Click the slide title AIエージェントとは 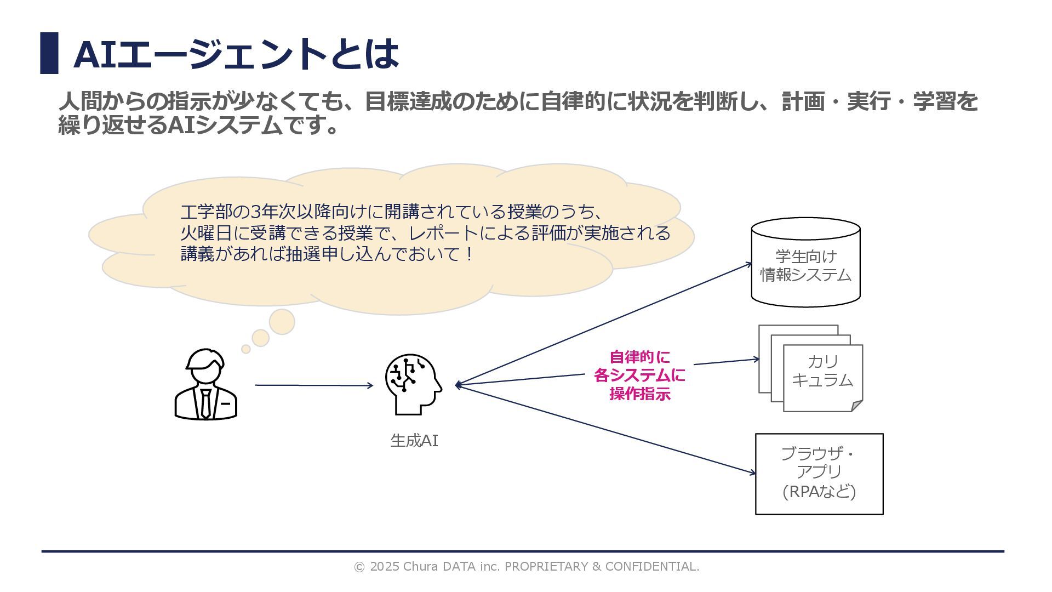click(236, 54)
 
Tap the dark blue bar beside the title click(49, 53)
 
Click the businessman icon click(205, 385)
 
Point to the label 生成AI click(414, 441)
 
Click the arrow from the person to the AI click(313, 385)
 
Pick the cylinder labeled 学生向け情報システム click(805, 263)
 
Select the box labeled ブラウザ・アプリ click(819, 474)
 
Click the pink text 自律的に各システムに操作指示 click(639, 375)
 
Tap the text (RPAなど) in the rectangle click(819, 492)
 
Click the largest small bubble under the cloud click(282, 322)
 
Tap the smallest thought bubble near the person click(246, 349)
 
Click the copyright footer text click(526, 566)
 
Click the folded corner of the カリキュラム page click(856, 406)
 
